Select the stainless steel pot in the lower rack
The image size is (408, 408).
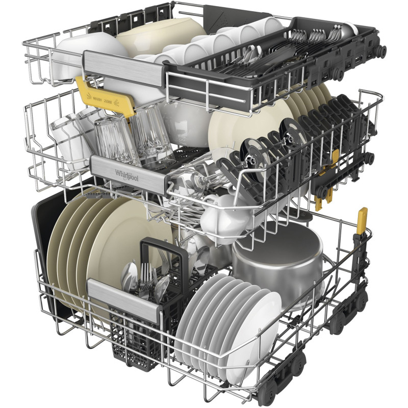pyautogui.click(x=278, y=260)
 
